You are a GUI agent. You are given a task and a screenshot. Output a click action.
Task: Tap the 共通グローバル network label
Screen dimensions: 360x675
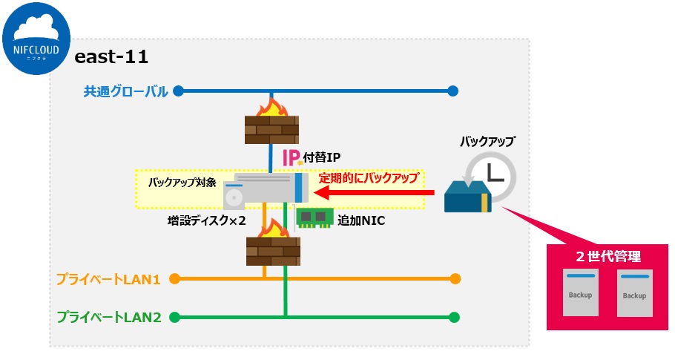coord(125,91)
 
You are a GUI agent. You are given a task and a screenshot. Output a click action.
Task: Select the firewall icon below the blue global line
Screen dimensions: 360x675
coord(271,124)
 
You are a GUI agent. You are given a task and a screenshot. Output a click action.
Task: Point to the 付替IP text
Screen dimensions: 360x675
coord(321,157)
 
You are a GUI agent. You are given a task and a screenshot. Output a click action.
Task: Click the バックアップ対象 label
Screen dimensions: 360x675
coord(182,182)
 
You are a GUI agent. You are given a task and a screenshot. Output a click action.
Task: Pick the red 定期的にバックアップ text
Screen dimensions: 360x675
coord(368,178)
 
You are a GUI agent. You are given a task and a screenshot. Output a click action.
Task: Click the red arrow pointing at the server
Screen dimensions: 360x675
coord(374,194)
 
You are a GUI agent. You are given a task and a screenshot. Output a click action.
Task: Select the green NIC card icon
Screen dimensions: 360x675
coord(314,217)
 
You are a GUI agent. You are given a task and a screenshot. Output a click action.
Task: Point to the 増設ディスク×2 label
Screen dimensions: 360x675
coord(207,220)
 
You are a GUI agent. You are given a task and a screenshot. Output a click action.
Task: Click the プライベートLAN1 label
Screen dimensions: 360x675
coord(108,280)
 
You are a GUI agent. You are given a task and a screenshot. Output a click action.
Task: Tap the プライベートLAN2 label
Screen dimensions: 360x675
coord(109,317)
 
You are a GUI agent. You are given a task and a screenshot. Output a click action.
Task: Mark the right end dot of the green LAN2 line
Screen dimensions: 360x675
coord(455,317)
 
